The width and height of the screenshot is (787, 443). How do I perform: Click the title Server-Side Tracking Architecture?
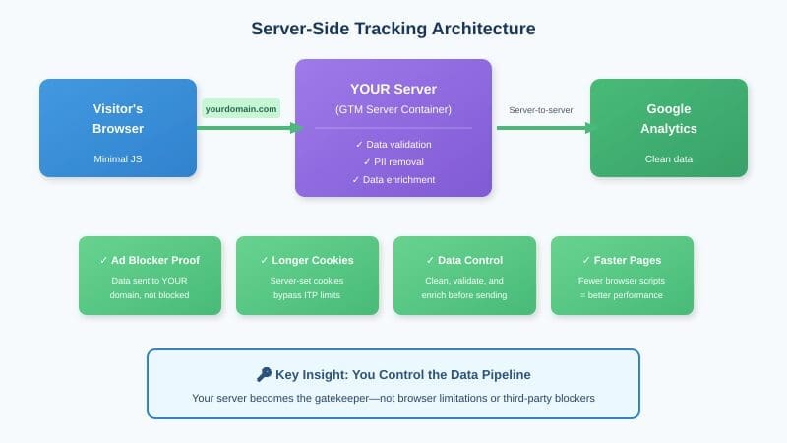point(393,29)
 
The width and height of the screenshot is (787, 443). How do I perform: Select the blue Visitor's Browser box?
point(118,128)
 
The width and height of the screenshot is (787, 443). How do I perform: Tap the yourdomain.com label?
point(241,109)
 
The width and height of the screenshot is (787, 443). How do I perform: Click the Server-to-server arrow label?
point(540,110)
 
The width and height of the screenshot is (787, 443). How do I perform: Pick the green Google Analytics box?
point(669,128)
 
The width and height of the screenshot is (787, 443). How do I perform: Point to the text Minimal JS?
point(118,158)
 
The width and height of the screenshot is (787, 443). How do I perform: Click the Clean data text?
point(669,158)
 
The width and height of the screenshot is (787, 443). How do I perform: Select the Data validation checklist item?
point(393,145)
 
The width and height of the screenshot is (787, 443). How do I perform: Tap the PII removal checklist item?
point(393,162)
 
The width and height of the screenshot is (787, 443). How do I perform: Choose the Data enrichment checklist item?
point(393,180)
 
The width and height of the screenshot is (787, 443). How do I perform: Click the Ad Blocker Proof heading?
point(150,261)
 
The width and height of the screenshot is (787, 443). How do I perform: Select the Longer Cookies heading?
point(307,261)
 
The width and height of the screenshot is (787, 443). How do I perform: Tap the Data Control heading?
point(464,261)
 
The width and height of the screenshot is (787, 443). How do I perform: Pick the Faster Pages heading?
point(622,261)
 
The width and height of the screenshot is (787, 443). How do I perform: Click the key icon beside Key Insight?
point(264,375)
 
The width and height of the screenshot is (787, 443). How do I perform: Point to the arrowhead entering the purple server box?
point(296,128)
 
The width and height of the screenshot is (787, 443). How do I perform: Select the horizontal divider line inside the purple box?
point(393,128)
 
